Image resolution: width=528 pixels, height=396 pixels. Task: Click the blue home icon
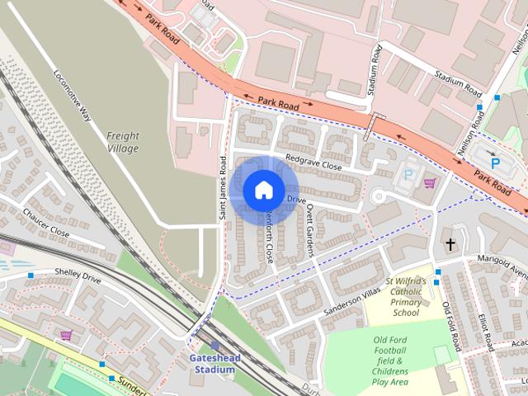click(263, 190)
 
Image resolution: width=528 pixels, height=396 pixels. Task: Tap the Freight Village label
click(123, 142)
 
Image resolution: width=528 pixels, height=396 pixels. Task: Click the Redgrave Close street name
click(313, 165)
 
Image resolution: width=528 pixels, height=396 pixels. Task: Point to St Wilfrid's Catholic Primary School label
click(406, 297)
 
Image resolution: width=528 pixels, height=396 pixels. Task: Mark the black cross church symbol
click(451, 244)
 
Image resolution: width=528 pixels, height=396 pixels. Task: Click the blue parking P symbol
click(495, 163)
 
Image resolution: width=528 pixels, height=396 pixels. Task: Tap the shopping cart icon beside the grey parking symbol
click(428, 182)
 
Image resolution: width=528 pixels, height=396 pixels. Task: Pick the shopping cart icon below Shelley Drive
click(65, 336)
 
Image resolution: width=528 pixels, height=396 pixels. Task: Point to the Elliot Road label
click(484, 329)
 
